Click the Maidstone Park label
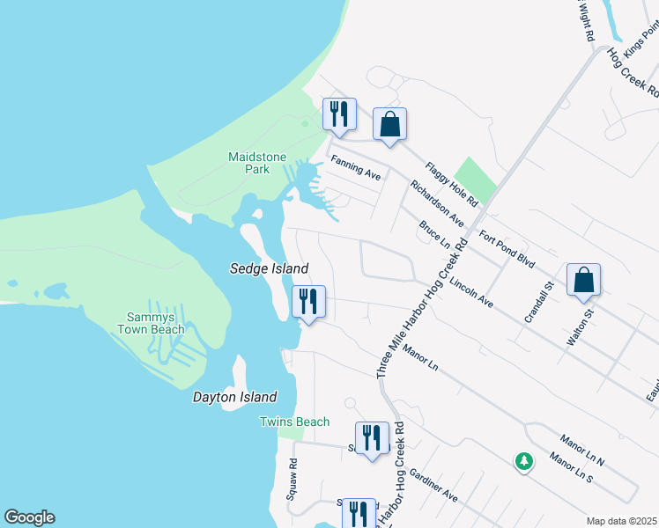pyautogui.click(x=257, y=163)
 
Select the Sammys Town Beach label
pyautogui.click(x=152, y=324)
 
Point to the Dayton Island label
pyautogui.click(x=235, y=398)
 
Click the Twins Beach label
pyautogui.click(x=294, y=422)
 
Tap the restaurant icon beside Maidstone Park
pyautogui.click(x=339, y=114)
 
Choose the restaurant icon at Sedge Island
pyautogui.click(x=308, y=303)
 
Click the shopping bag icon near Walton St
pyautogui.click(x=583, y=281)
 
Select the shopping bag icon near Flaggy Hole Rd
pyautogui.click(x=389, y=125)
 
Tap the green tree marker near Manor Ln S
pyautogui.click(x=524, y=460)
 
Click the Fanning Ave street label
pyautogui.click(x=355, y=168)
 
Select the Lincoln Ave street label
pyautogui.click(x=471, y=293)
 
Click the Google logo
pyautogui.click(x=29, y=518)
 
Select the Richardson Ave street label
pyautogui.click(x=436, y=203)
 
